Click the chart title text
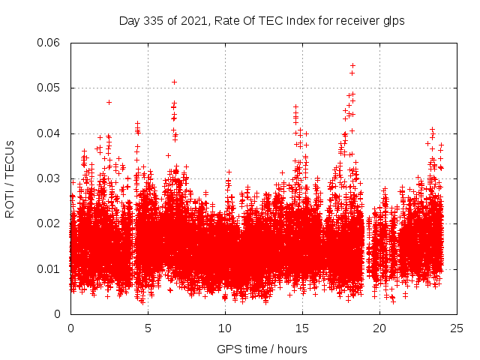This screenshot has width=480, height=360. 262,21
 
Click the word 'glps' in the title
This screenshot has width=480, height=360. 392,21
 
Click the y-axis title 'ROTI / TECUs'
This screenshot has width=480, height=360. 10,178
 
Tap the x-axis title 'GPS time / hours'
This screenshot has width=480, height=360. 262,349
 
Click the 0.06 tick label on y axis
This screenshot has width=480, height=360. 49,43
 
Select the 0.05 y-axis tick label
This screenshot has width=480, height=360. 49,88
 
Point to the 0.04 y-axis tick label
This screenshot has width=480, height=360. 49,133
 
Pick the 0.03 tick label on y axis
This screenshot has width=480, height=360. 49,178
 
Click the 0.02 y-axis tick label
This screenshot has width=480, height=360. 49,223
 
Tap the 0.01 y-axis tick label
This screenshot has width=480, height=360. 49,268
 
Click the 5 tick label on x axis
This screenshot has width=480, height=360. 148,328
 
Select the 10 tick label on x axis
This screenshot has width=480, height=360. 225,328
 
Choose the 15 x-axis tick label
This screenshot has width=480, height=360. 302,328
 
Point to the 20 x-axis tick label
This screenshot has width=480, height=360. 379,328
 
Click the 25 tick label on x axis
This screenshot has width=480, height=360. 457,328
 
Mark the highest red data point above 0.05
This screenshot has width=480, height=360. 352,65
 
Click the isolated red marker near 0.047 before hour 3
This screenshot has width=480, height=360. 109,102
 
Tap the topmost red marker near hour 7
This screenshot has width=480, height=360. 174,82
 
